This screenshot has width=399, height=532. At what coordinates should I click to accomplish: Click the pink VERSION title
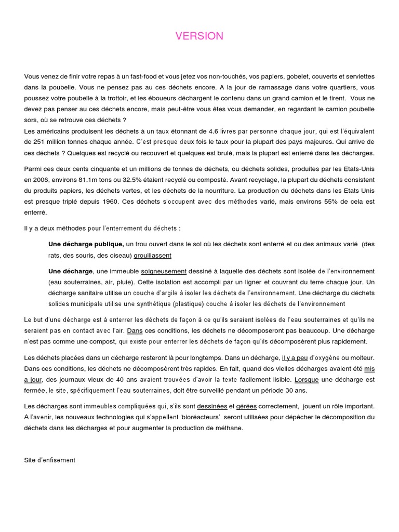click(199, 36)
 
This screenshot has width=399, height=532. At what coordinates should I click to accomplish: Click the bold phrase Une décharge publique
click(86, 244)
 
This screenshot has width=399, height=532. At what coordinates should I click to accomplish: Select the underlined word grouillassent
click(152, 255)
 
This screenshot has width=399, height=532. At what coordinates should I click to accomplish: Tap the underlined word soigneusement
click(164, 271)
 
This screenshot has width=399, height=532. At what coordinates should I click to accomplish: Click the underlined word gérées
click(246, 406)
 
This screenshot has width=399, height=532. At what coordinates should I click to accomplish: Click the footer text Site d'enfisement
click(50, 460)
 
